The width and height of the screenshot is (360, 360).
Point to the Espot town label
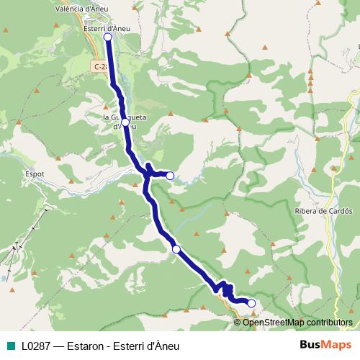tap(34, 174)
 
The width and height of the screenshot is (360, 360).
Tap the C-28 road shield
tap(100, 66)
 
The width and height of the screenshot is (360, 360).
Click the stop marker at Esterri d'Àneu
tap(107, 37)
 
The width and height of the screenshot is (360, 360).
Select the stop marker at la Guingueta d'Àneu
tap(125, 122)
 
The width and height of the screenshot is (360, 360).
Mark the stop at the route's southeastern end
tap(251, 303)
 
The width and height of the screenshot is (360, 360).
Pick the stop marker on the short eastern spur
tap(170, 175)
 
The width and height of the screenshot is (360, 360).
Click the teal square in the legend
tap(9, 346)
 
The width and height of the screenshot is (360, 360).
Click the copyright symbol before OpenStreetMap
tap(238, 323)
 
